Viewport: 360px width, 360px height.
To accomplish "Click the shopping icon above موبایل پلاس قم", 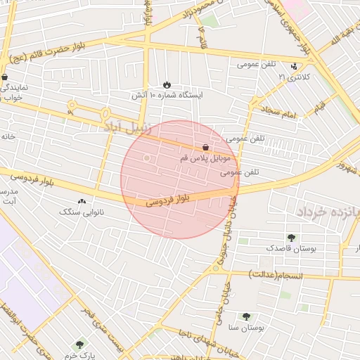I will (205, 148).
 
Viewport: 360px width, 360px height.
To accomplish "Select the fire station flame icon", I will (167, 84).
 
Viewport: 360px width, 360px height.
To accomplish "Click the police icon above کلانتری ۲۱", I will (294, 67).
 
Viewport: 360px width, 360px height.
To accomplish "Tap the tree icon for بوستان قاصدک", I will (290, 238).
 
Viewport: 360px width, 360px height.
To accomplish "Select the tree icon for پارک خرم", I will (78, 345).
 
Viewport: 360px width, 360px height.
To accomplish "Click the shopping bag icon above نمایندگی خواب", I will (5, 78).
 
